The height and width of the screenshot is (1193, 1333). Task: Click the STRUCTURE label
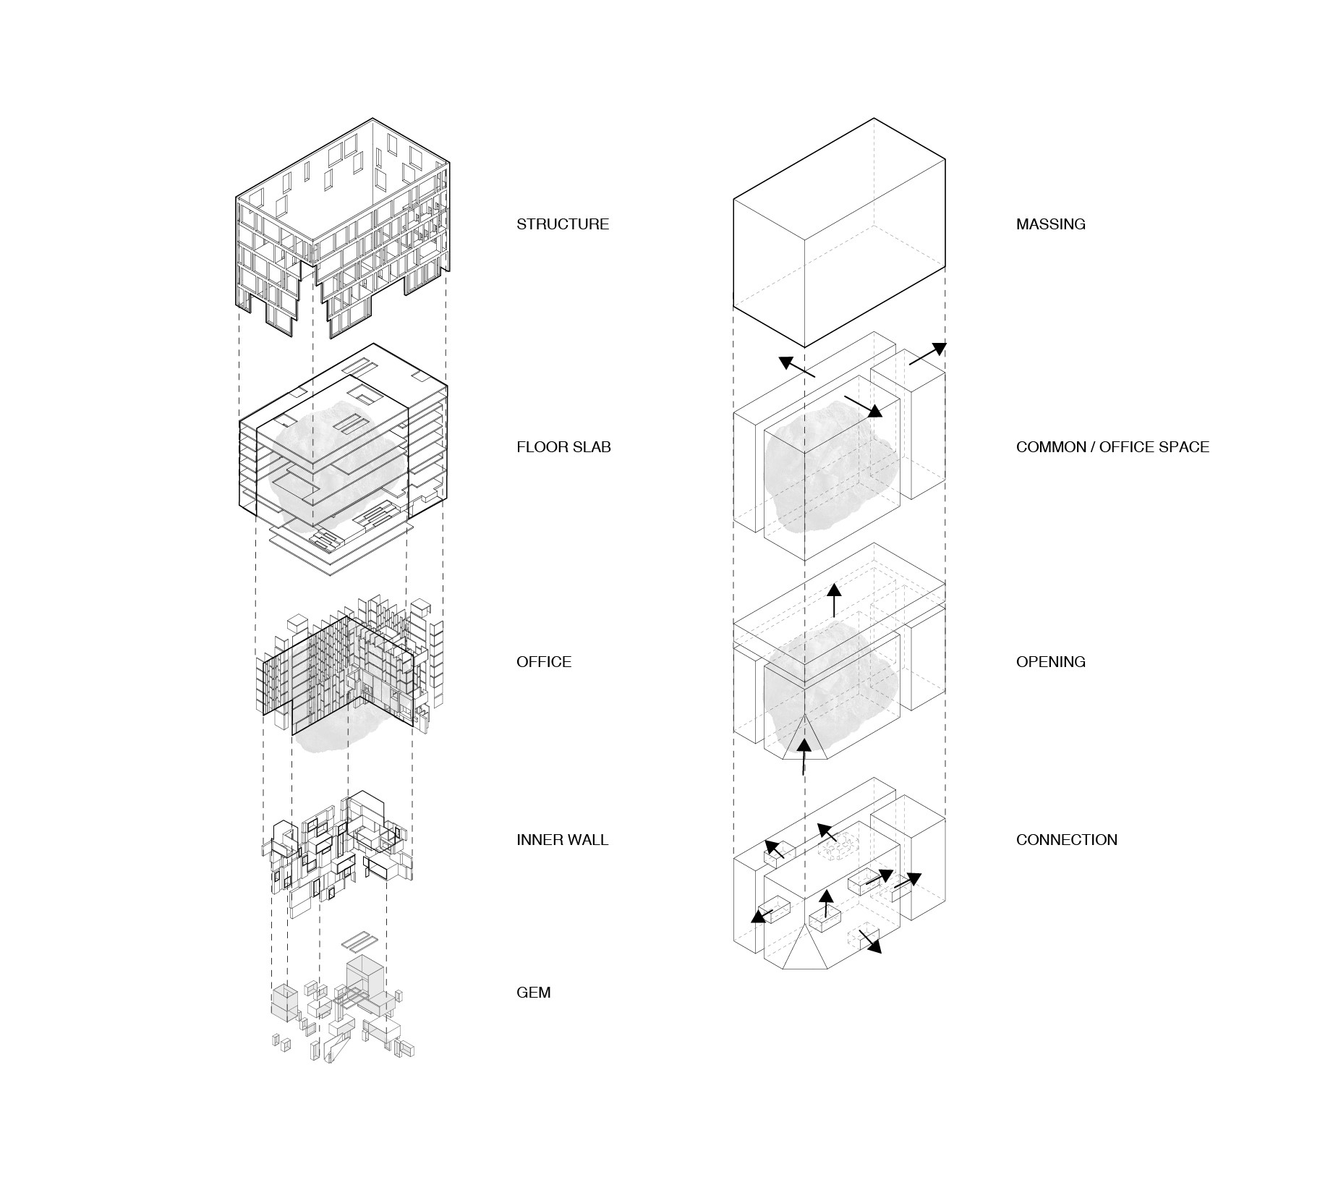[x=562, y=224]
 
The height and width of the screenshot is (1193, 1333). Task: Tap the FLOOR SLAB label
[x=563, y=447]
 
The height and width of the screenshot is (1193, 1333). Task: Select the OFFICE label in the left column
[x=543, y=662]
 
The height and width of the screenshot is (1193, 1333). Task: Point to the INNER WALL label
[x=562, y=840]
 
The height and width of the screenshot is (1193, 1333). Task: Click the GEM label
[x=533, y=993]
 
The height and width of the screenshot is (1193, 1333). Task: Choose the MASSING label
[x=1050, y=224]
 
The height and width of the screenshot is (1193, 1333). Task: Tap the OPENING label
[x=1050, y=662]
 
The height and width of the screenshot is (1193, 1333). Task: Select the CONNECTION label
[x=1066, y=840]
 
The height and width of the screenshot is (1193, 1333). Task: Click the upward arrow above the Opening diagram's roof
[x=834, y=600]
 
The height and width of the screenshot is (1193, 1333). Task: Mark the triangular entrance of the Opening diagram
[x=805, y=742]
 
